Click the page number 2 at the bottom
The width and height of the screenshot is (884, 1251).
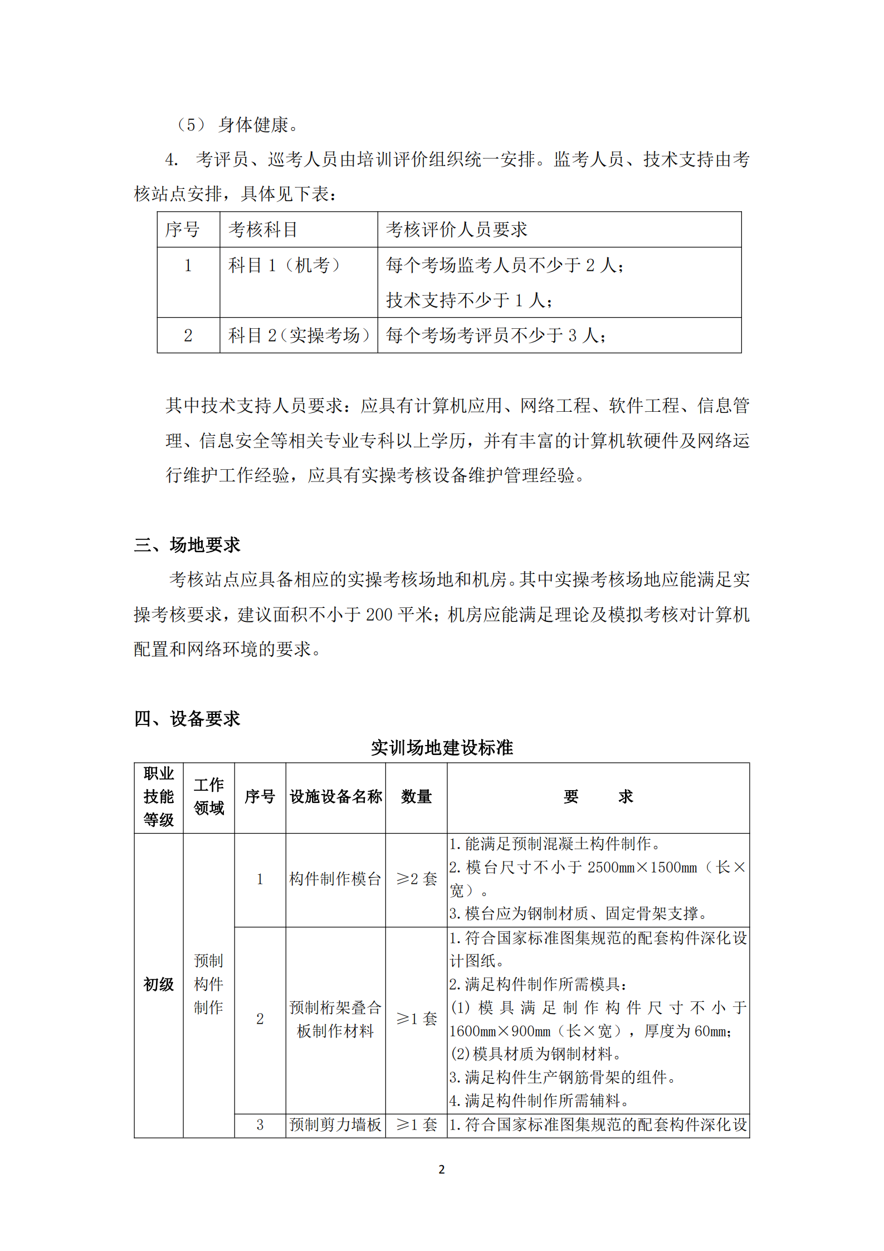(x=442, y=1169)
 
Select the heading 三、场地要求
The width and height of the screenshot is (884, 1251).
(x=187, y=544)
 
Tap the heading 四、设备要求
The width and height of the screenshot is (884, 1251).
(x=187, y=718)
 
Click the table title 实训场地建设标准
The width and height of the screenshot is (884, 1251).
(x=442, y=747)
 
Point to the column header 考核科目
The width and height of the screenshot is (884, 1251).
(x=263, y=230)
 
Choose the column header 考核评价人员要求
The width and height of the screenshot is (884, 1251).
(x=457, y=230)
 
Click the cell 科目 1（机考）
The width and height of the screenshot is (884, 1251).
(x=284, y=265)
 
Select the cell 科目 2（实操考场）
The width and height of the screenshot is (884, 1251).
(x=299, y=335)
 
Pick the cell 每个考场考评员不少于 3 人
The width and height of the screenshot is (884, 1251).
(x=496, y=335)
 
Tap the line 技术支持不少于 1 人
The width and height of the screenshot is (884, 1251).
(x=470, y=300)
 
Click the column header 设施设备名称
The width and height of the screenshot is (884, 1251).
(x=336, y=797)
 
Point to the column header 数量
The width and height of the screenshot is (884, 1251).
(x=416, y=797)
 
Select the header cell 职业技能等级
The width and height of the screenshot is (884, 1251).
(x=159, y=797)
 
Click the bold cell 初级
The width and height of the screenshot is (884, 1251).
(x=159, y=984)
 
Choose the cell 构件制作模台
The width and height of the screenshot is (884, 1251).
(x=335, y=879)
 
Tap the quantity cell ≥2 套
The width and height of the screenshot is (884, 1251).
(x=416, y=879)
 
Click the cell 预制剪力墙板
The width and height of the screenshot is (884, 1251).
(x=335, y=1125)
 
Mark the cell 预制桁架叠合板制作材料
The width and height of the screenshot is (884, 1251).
(x=335, y=1019)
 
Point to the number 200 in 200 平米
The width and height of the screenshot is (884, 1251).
(x=379, y=615)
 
